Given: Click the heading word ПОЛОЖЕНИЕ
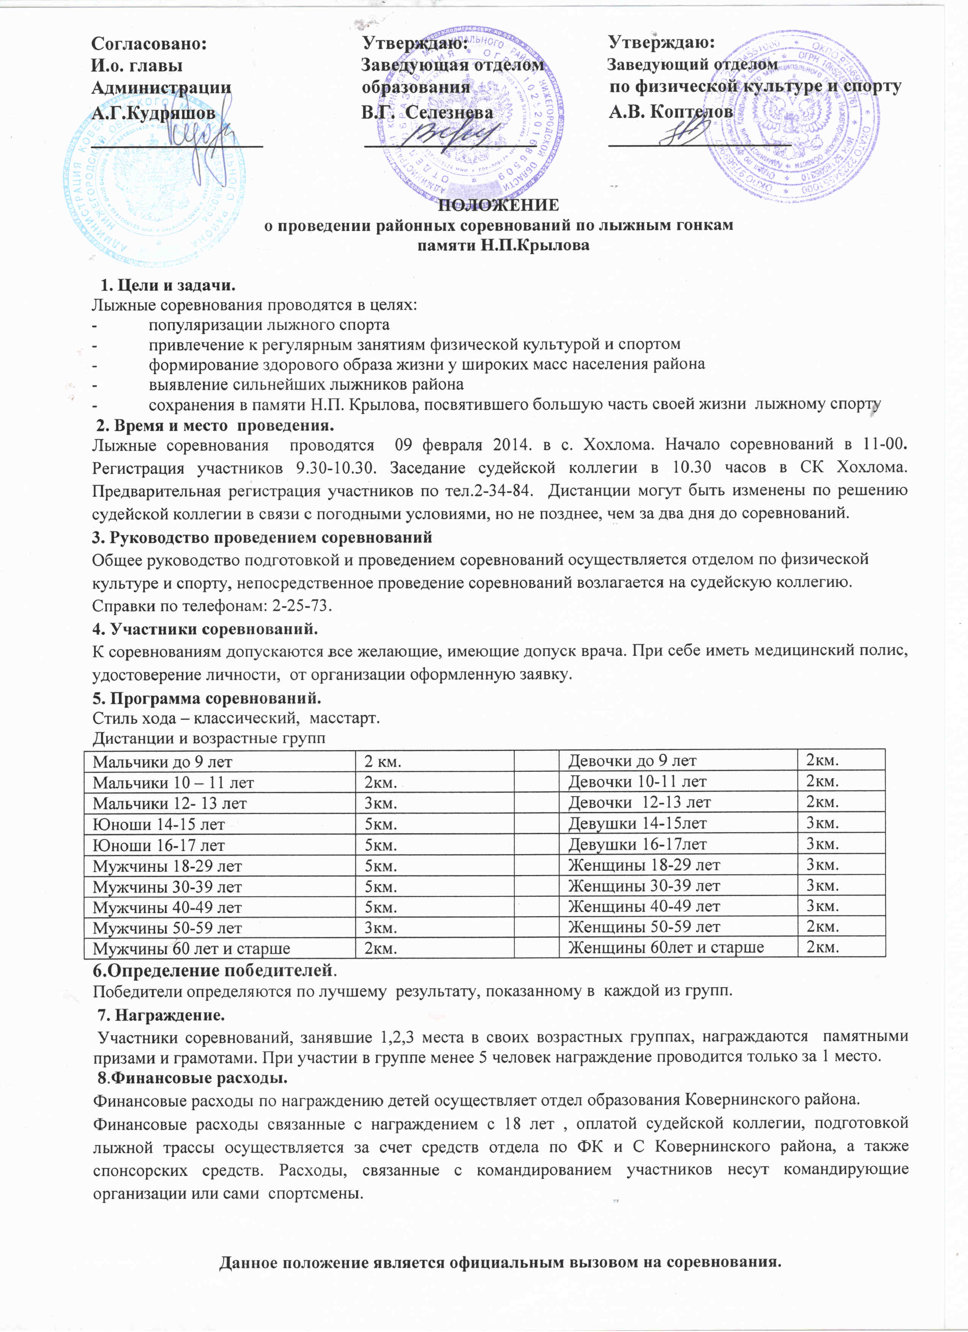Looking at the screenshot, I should click(x=498, y=205).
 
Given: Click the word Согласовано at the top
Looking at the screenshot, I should click(x=149, y=43).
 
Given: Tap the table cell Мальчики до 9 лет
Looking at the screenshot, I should click(x=162, y=762).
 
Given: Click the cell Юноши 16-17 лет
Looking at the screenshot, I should click(x=159, y=845).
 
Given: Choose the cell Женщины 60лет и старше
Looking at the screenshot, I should click(x=666, y=947).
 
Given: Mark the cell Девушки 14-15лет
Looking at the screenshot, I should click(x=637, y=823).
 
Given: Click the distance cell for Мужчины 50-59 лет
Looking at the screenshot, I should click(x=380, y=928).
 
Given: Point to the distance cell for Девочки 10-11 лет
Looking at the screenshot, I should click(x=822, y=781).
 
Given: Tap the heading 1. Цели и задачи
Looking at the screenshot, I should click(x=167, y=286).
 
